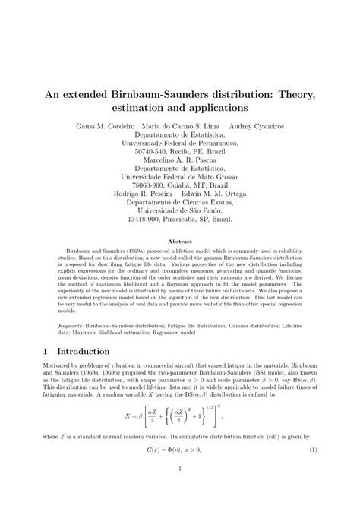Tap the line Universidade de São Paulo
coord(180,208)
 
